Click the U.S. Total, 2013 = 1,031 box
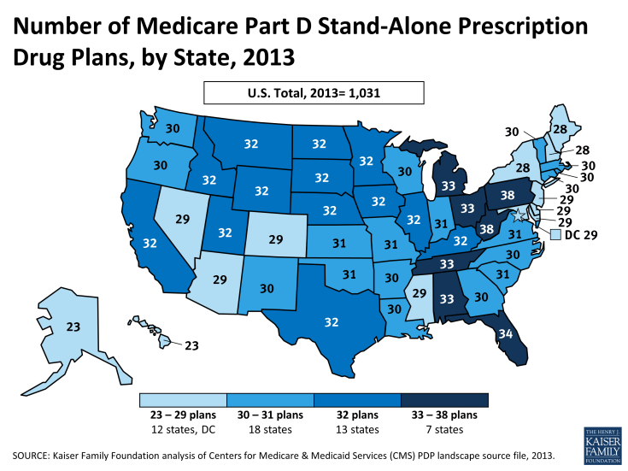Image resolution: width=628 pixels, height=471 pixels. tap(314, 92)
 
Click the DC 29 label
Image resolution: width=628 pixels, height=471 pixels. tap(583, 235)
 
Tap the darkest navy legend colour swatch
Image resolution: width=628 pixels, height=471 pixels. tap(443, 400)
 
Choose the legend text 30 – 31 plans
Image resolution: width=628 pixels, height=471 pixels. tap(269, 415)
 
